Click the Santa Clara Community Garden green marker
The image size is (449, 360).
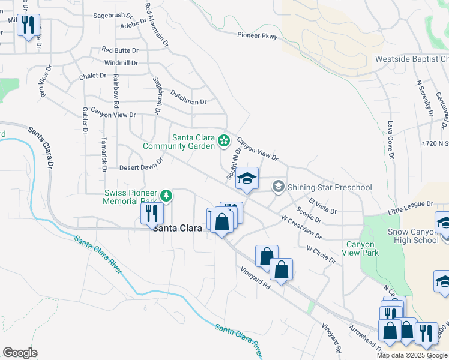point(224,141)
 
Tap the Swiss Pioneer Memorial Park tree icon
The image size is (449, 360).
point(166,196)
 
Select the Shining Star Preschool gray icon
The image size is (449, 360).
point(278,187)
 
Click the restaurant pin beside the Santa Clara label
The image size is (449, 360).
point(152,213)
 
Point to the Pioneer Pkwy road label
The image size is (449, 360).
point(257,37)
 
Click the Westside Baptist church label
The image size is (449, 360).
point(412,59)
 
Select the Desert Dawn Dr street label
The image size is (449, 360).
point(142,167)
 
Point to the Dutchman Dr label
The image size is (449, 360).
point(188,98)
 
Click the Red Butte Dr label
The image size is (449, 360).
point(120,50)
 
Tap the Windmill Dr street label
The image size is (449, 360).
point(121,62)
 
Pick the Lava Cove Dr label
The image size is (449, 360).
point(390,140)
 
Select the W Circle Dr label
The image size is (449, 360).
point(321,253)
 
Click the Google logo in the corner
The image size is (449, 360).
point(20,353)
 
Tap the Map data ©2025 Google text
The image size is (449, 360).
point(412,355)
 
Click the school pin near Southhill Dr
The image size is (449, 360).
point(247,179)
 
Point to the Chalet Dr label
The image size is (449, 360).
point(92,76)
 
